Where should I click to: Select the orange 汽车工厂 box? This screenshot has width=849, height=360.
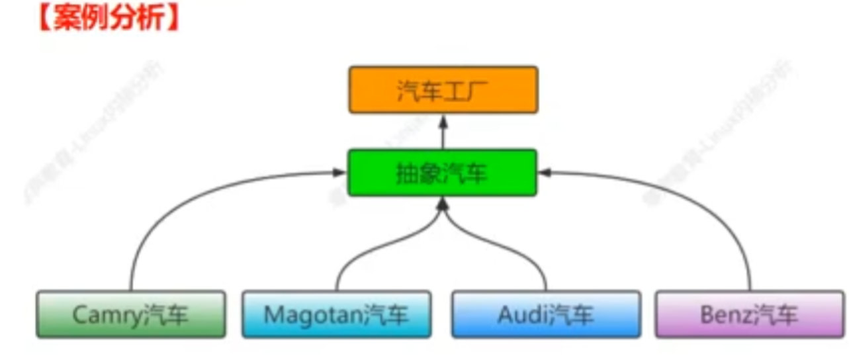[443, 89]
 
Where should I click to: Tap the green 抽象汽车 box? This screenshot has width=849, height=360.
[443, 173]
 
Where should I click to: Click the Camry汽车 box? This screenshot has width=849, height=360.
[130, 314]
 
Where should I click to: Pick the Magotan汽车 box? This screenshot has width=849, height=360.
[336, 314]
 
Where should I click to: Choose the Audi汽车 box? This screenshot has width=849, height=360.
[546, 314]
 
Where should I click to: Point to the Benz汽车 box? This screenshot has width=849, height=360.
[750, 314]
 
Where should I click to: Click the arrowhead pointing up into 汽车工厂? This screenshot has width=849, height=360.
[443, 120]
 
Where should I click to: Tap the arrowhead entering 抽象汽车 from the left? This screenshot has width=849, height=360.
[340, 173]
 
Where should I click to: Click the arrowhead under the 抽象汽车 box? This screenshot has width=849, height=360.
[443, 204]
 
